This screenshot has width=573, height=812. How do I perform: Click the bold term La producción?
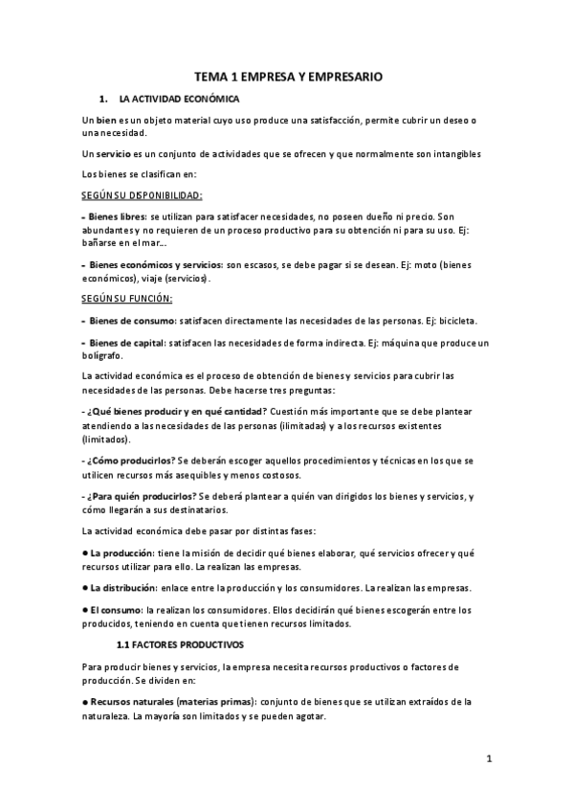[x=121, y=553]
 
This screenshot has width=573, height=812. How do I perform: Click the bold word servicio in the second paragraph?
[x=116, y=154]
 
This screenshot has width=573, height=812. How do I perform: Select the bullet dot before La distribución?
[x=85, y=587]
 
